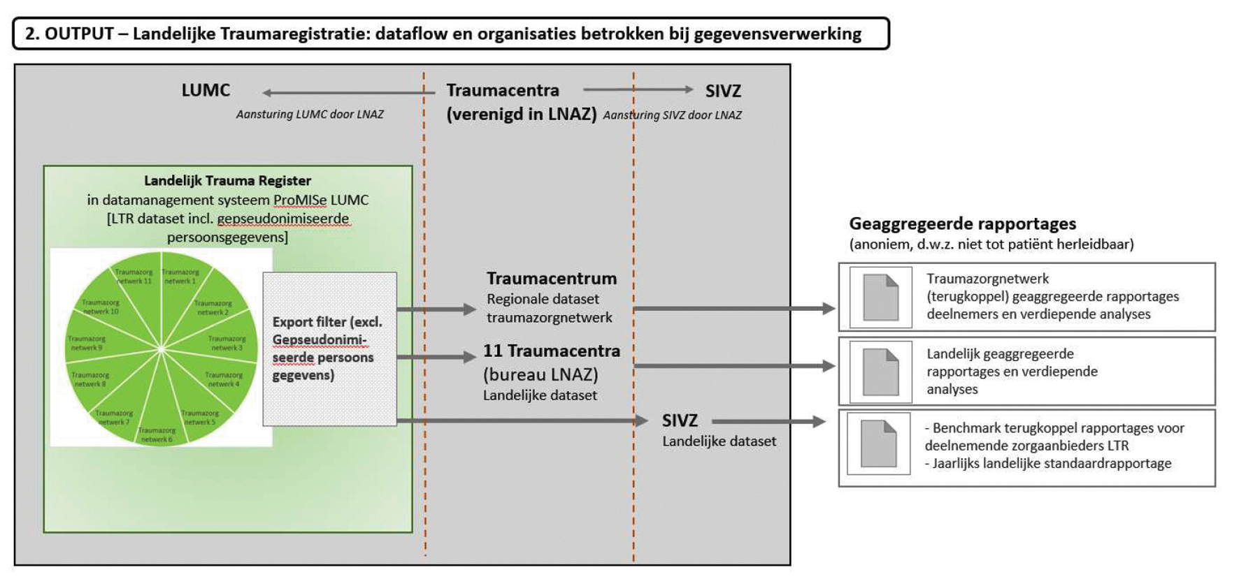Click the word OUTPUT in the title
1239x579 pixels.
pos(79,34)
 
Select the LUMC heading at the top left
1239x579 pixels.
pos(206,90)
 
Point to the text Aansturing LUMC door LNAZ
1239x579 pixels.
pos(310,115)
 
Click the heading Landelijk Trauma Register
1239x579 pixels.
pos(227,181)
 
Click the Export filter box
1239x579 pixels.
pos(329,349)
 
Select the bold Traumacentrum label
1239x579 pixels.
pos(552,279)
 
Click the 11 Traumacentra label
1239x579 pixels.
pos(551,351)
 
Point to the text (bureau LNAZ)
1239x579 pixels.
pos(540,374)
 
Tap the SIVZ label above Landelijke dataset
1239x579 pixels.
pos(680,420)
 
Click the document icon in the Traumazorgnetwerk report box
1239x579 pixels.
pos(880,298)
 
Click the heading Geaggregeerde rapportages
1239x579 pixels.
pos(962,224)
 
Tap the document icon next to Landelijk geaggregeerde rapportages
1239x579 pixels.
pos(880,372)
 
